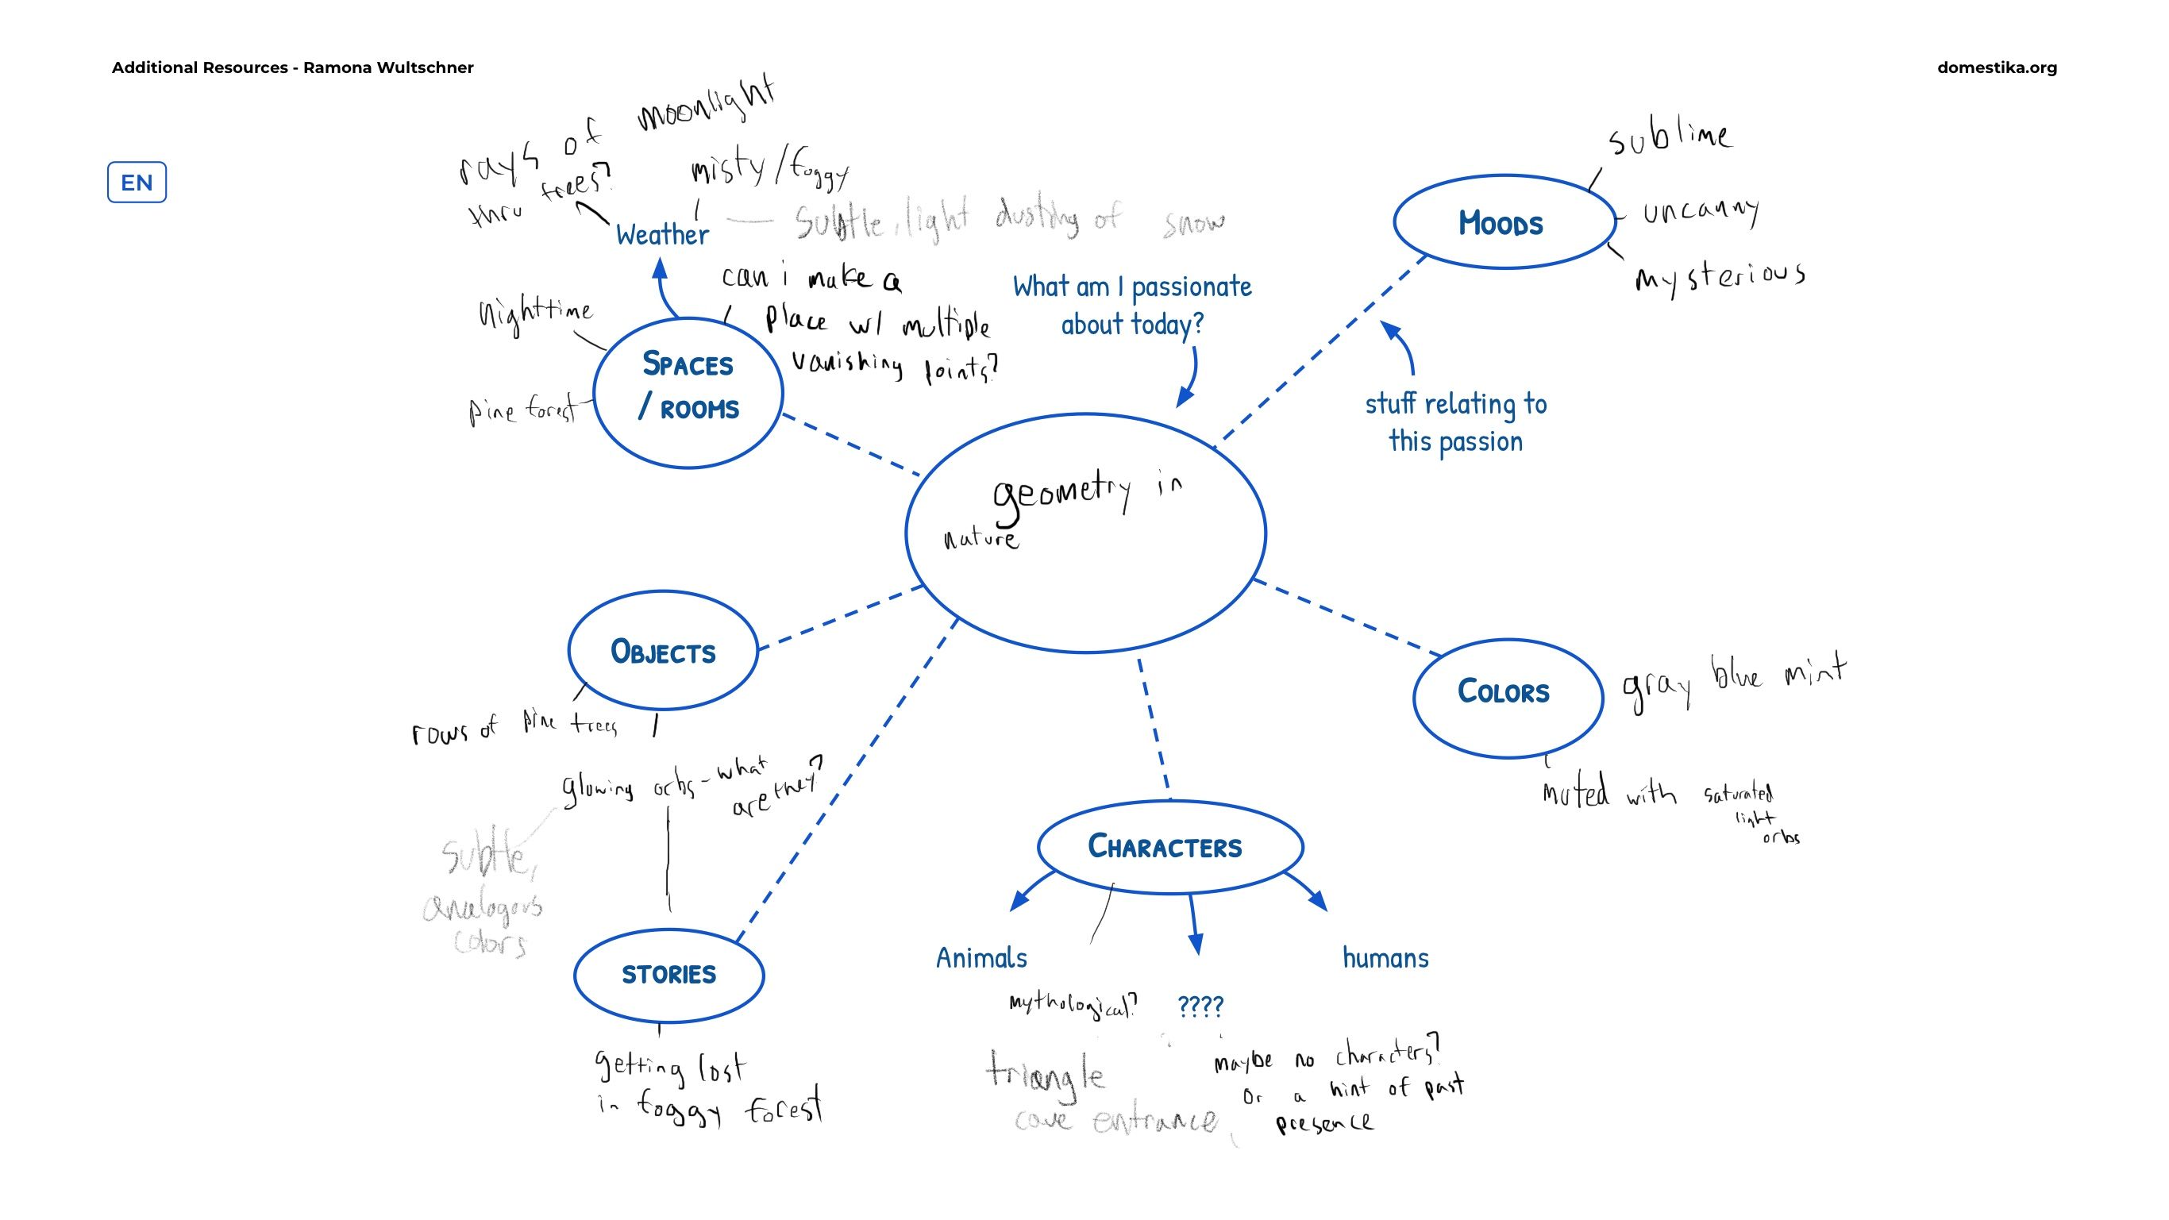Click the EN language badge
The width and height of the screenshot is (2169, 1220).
pos(137,182)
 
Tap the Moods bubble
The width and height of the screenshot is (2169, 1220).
pos(1504,222)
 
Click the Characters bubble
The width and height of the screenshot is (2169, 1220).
pos(1169,846)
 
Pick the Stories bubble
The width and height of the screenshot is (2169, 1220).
pos(668,974)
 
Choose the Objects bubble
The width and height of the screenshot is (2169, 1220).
pos(663,651)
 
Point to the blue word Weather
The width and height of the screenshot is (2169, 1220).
pos(662,235)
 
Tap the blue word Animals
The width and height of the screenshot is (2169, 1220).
pos(981,958)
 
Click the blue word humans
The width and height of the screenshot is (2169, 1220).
pos(1385,958)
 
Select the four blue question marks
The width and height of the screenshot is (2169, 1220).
pos(1200,1006)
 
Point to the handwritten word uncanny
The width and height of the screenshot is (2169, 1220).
pos(1701,210)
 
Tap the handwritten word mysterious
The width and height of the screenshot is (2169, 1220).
pos(1720,276)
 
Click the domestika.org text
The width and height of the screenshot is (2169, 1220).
pos(1997,67)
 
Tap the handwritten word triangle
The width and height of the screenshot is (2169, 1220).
pos(1044,1074)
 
